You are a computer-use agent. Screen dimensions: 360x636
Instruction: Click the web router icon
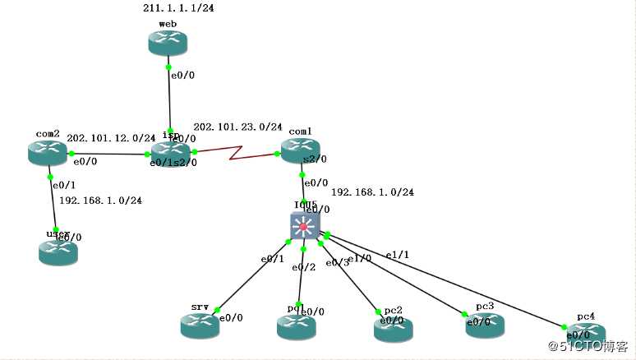[x=168, y=43]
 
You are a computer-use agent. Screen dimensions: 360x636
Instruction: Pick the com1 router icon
[x=301, y=150]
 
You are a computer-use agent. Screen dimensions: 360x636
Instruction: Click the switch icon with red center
[x=304, y=226]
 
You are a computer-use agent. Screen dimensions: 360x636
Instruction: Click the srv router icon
[x=200, y=325]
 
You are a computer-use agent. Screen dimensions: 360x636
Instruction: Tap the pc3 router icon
[x=485, y=325]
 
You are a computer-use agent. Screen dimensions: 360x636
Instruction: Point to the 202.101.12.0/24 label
[x=110, y=138]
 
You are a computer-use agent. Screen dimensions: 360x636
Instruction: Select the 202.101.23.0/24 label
[x=237, y=127]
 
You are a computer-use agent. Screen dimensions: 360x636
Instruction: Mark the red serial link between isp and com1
[x=237, y=152]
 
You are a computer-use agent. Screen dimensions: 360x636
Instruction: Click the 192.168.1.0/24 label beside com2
[x=100, y=200]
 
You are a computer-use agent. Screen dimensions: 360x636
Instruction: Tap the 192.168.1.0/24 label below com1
[x=372, y=192]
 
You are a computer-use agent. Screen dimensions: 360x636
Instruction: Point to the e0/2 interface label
[x=303, y=267]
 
